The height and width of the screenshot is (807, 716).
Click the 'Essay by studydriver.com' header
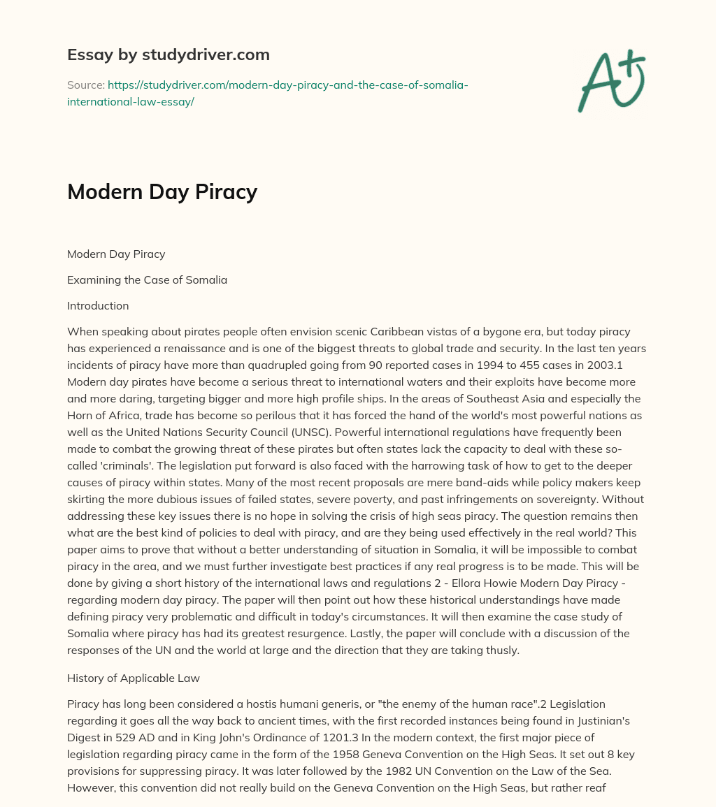[x=169, y=54]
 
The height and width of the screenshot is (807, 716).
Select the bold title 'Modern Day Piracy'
[x=162, y=191]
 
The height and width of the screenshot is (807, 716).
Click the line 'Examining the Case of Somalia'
[x=147, y=280]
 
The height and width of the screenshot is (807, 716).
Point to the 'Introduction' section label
[x=98, y=305]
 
